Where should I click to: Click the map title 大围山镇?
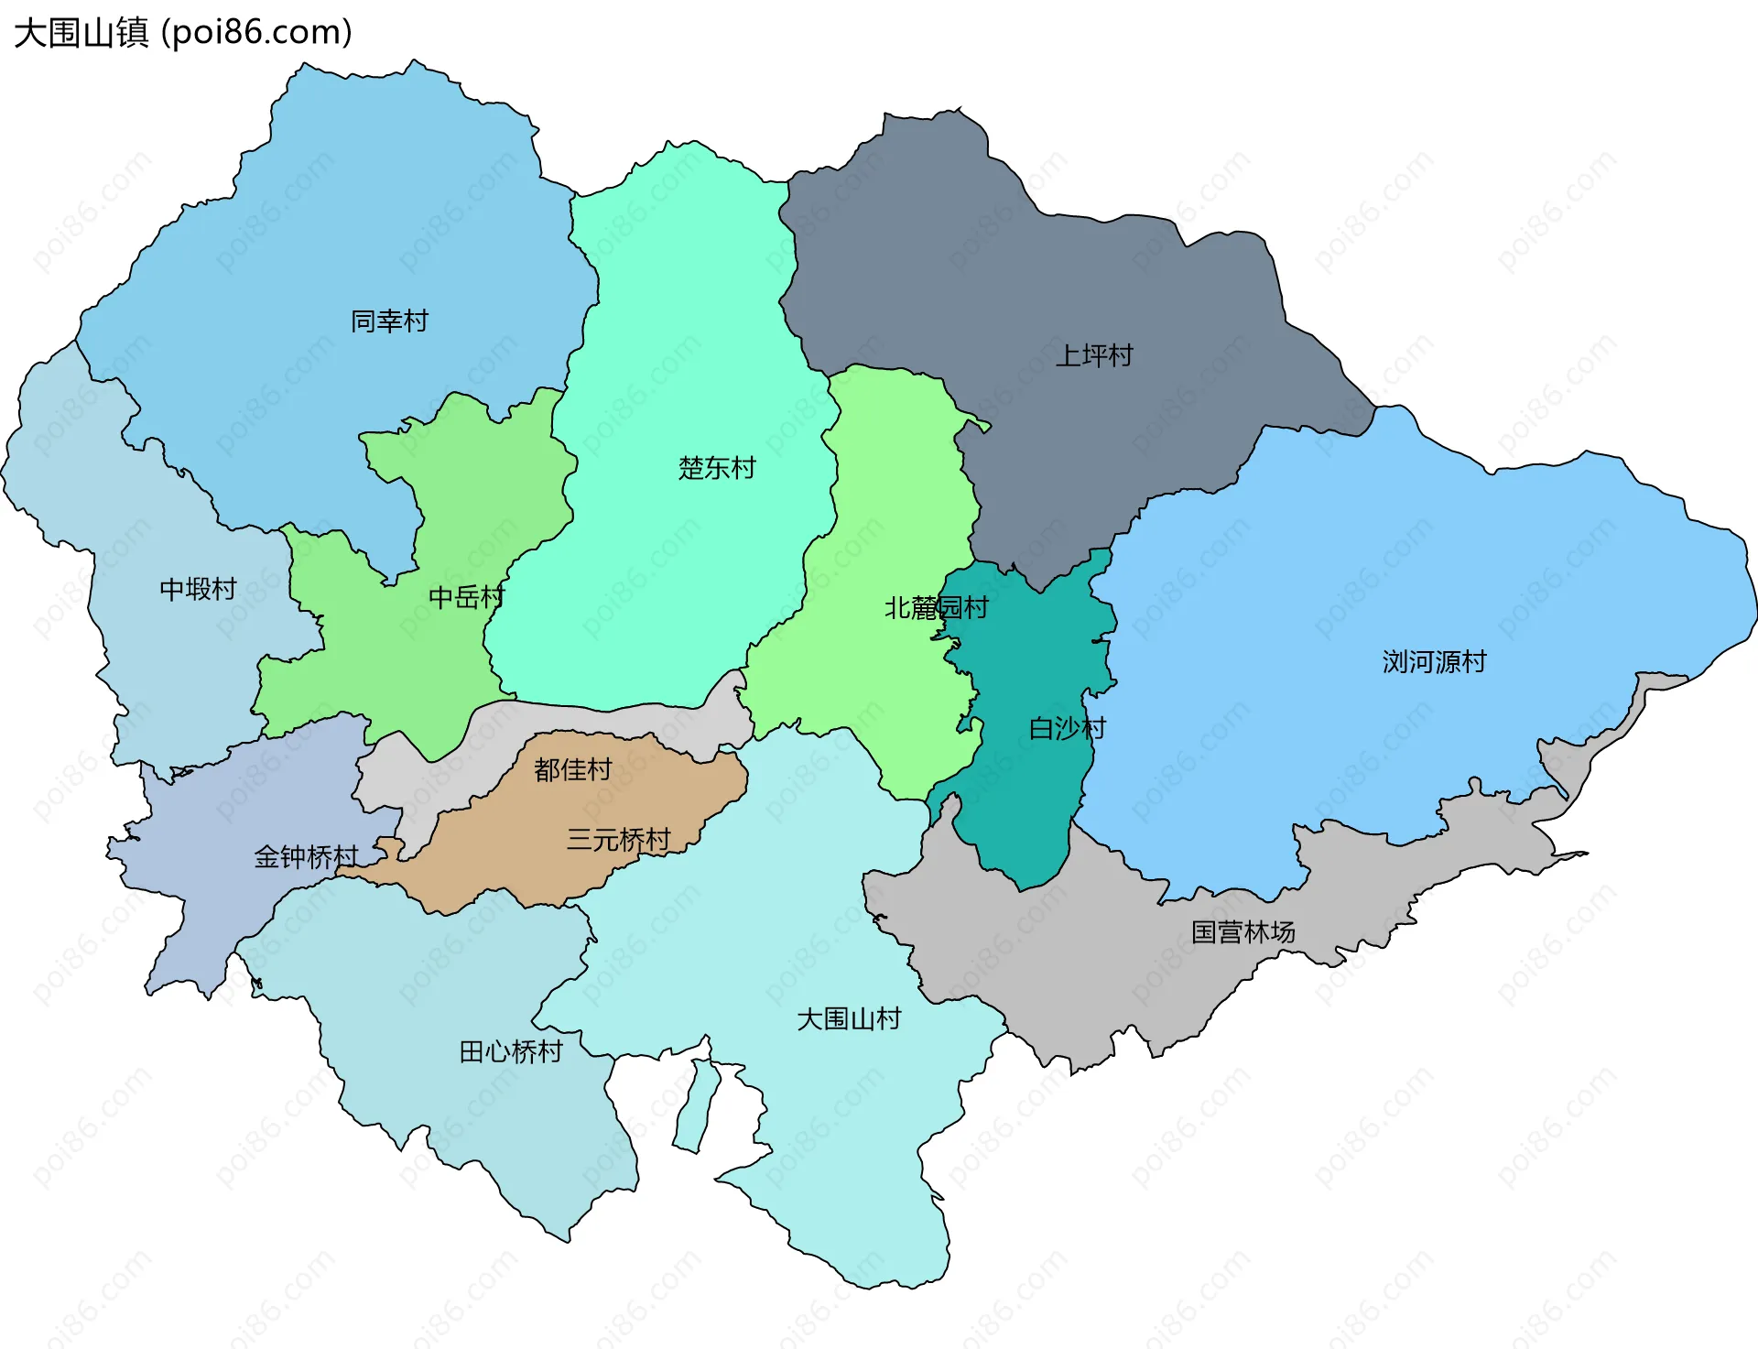[81, 33]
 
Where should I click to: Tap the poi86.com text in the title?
[256, 33]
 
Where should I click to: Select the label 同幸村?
[389, 321]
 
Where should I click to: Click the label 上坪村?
[1094, 355]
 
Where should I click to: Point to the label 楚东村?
[717, 468]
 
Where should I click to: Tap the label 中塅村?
[198, 589]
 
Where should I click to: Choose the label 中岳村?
[466, 597]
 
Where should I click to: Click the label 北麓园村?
[936, 607]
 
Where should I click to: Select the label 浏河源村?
[1434, 661]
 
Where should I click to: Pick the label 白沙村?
[1067, 728]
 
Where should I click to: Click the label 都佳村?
[572, 769]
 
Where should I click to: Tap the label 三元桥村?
[618, 839]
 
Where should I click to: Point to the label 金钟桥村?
[306, 856]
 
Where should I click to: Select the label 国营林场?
[1243, 931]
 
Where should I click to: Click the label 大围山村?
[849, 1018]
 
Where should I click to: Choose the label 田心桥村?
[510, 1051]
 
